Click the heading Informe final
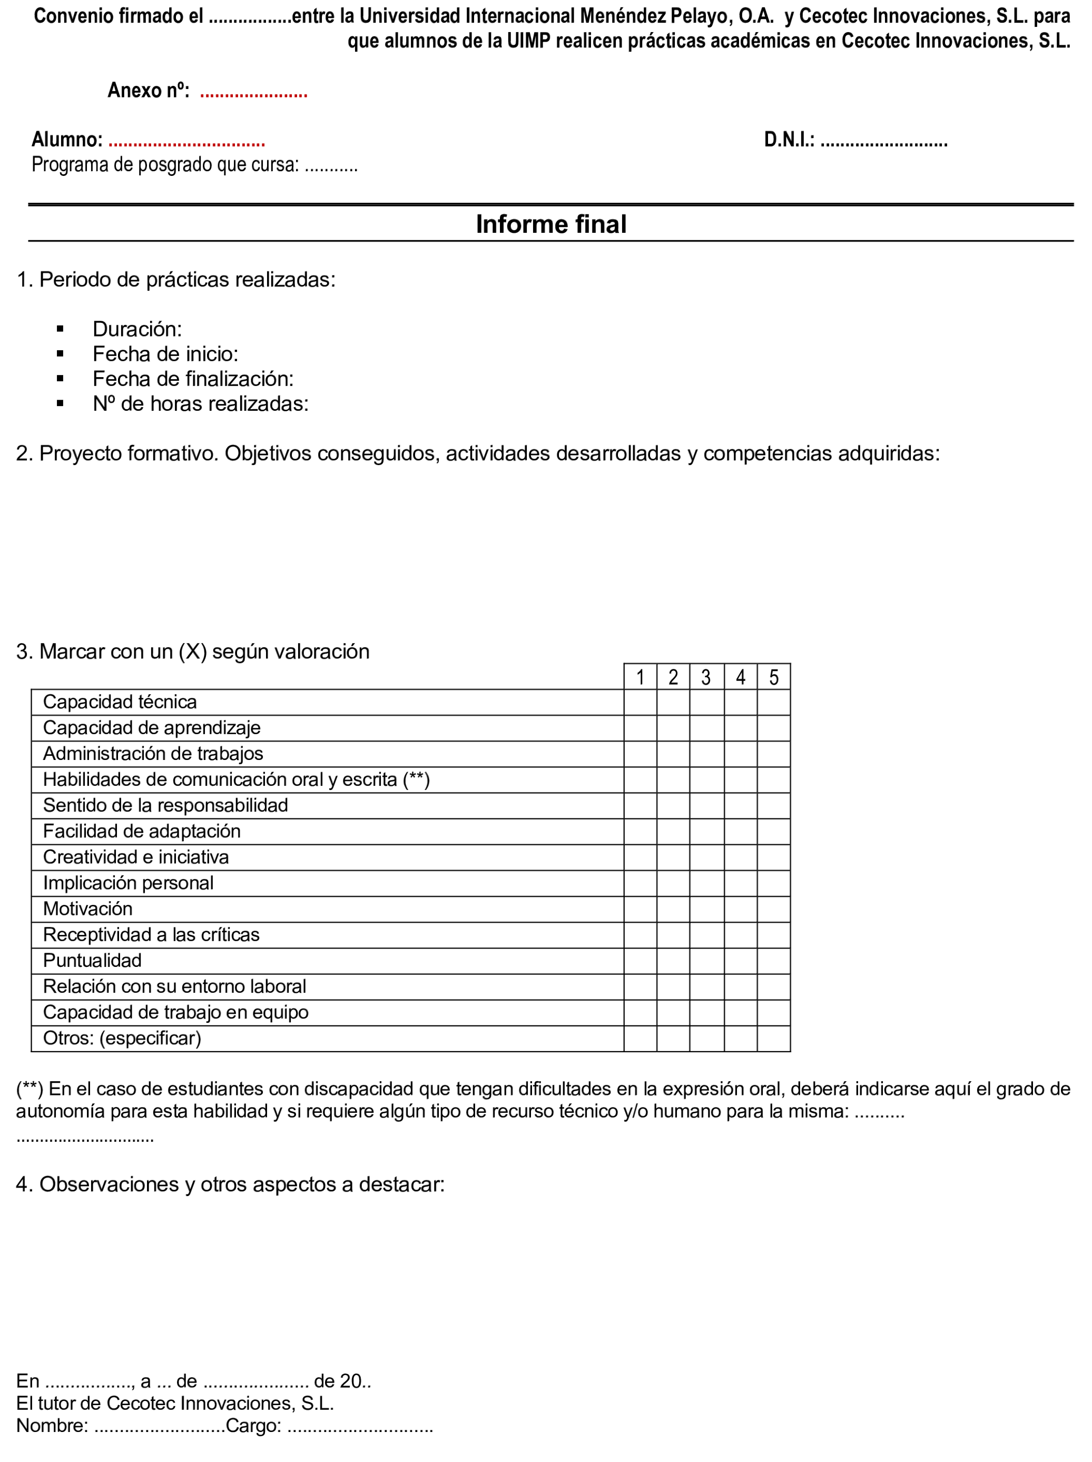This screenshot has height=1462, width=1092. (x=550, y=224)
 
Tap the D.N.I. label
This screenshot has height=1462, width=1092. (x=789, y=140)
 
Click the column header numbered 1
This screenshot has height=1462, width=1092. (x=640, y=677)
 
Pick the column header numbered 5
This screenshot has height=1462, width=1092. (x=773, y=677)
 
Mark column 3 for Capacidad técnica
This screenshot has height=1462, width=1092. (x=706, y=702)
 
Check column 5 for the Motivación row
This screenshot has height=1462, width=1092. (x=773, y=909)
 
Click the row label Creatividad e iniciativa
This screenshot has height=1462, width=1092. (x=135, y=857)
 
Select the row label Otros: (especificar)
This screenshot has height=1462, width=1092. (x=122, y=1039)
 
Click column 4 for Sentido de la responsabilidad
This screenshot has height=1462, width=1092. (x=740, y=806)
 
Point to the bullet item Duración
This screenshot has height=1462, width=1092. (x=137, y=329)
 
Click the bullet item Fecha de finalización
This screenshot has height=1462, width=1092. (x=192, y=379)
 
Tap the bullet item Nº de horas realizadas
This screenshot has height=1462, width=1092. (x=200, y=404)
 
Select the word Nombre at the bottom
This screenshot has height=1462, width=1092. (x=52, y=1426)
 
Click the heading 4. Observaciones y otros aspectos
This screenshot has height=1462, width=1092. (x=230, y=1184)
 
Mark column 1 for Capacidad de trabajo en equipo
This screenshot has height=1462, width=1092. (x=640, y=1013)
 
